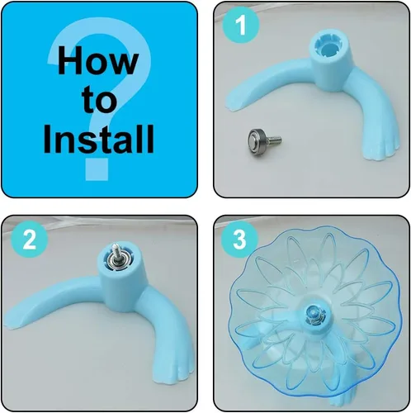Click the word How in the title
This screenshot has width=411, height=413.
coord(98,60)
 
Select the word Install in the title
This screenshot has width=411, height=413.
coord(98,139)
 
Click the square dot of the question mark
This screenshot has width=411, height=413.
coord(96,169)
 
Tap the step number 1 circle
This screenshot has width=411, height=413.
coord(241,25)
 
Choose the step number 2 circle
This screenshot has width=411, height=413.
coord(30,240)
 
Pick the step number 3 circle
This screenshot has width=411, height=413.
coord(239,239)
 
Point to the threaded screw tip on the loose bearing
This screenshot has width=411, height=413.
coord(276,140)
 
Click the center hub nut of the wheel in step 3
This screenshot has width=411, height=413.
coord(315,314)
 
